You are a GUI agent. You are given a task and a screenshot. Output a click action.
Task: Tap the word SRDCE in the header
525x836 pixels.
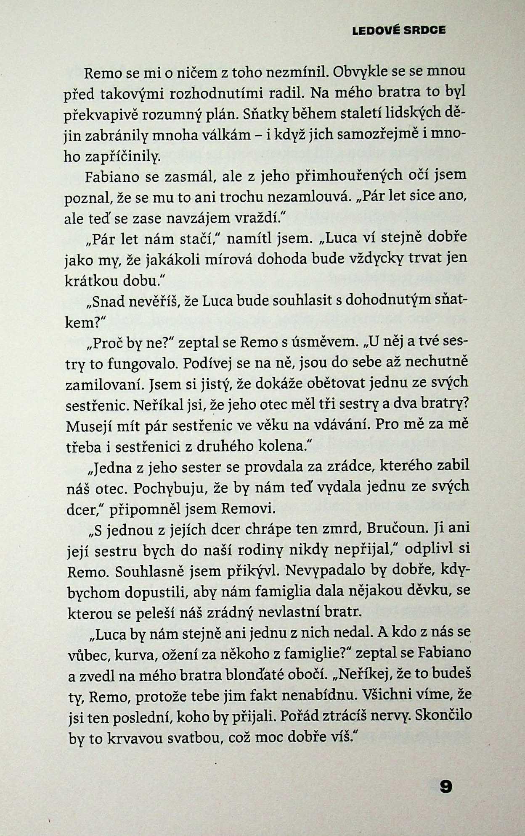(424, 31)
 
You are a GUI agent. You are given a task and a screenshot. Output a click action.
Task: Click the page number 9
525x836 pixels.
(445, 786)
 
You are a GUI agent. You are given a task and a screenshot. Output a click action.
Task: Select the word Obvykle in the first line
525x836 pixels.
(360, 72)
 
